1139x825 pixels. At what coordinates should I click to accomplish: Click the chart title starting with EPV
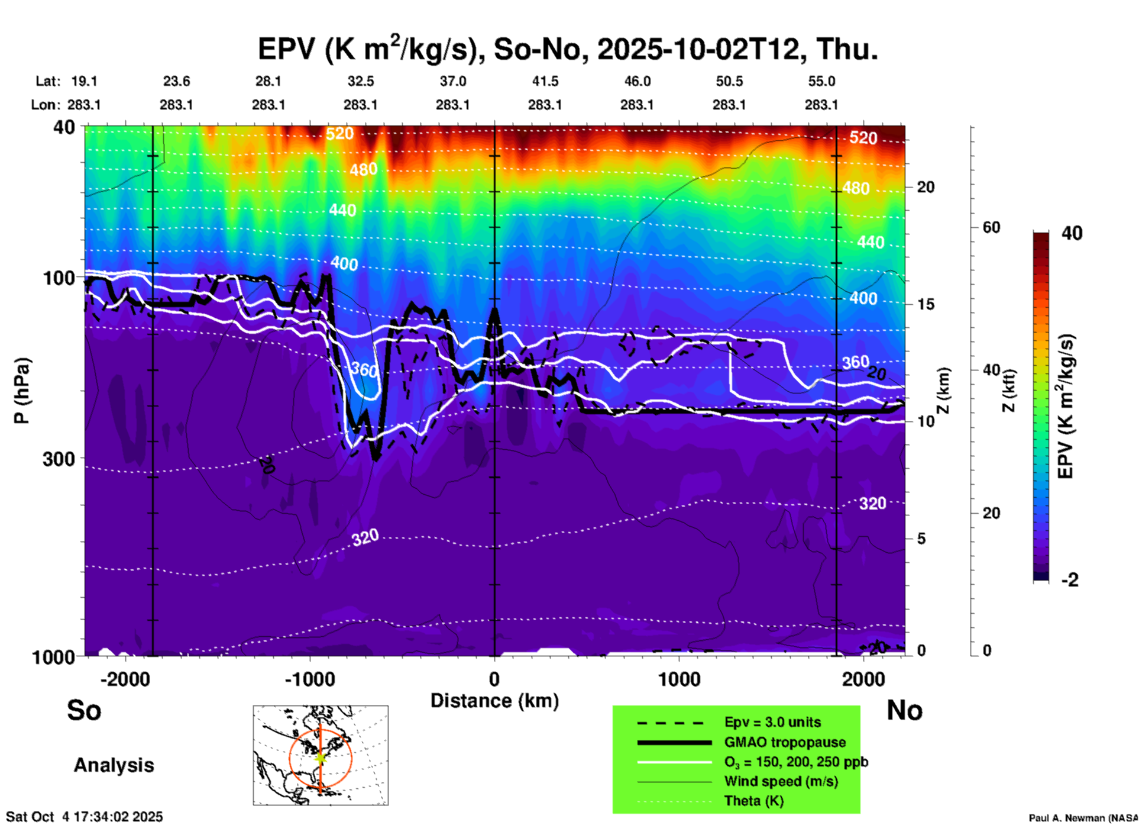pos(568,49)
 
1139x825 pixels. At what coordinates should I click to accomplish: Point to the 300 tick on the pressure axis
pos(59,459)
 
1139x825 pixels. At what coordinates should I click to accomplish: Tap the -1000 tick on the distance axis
pos(310,679)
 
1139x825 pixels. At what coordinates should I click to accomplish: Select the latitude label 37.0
pos(452,81)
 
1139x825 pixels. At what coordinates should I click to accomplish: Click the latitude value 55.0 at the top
pos(821,81)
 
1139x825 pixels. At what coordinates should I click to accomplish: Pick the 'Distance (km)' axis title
pos(494,701)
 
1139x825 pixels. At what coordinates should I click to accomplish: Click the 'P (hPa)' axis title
pos(22,391)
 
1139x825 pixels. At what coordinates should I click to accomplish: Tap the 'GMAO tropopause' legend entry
pos(785,742)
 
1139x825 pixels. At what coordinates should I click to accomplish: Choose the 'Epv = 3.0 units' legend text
pos(772,722)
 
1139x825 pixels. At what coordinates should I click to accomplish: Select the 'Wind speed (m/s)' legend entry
pos(781,781)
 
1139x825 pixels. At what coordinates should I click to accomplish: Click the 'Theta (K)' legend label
pos(753,801)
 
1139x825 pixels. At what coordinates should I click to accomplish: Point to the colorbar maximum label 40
pos(1072,233)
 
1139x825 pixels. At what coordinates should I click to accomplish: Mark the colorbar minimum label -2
pos(1070,580)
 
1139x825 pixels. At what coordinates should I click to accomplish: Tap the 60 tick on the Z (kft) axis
pos(991,227)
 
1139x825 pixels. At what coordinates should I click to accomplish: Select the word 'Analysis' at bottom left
pos(114,765)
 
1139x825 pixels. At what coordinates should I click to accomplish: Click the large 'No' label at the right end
pos(904,710)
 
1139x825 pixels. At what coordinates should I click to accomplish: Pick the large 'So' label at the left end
pos(84,710)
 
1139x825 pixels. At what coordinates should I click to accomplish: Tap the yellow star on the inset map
pos(321,758)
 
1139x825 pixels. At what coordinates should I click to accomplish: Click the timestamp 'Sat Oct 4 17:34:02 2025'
pos(84,817)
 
